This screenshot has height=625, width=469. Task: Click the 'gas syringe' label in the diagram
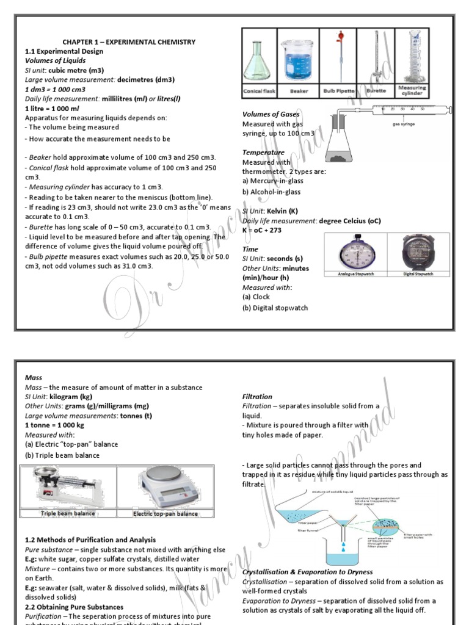coord(404,123)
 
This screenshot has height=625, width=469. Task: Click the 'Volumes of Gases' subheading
coord(271,114)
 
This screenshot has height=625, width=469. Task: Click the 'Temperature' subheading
coord(263,153)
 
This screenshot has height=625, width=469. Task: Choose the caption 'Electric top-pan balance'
coord(165,514)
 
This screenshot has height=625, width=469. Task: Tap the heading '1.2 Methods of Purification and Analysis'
coord(90,540)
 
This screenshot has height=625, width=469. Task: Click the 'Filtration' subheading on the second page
coord(257,397)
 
